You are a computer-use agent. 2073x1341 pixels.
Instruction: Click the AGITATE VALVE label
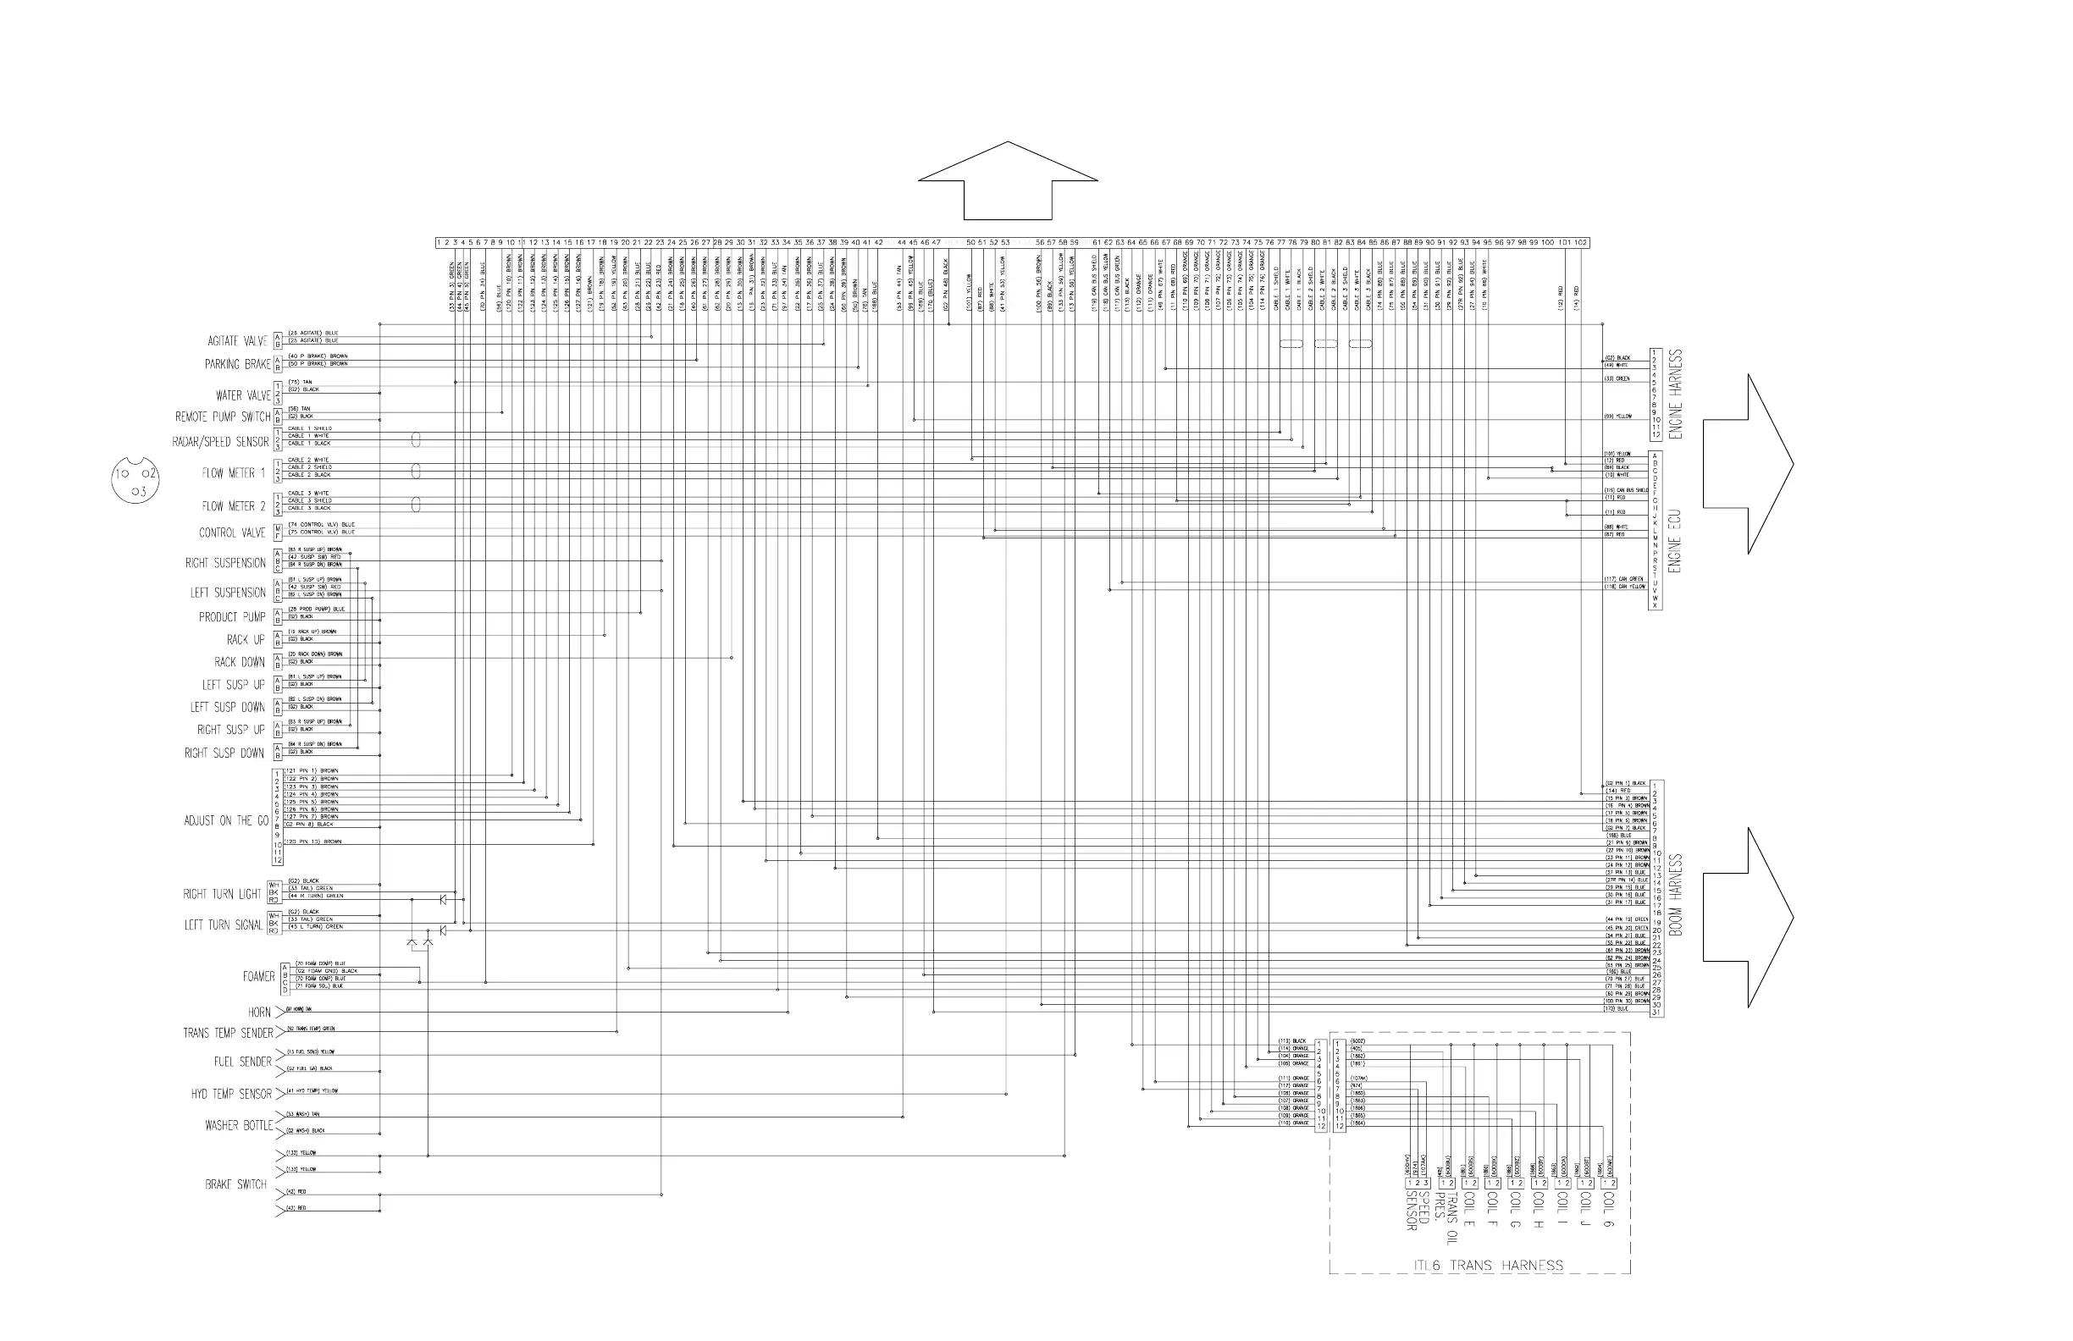click(x=237, y=341)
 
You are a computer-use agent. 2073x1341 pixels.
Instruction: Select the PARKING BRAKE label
click(x=237, y=364)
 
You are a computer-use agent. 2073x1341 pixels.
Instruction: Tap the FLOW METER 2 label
click(x=234, y=506)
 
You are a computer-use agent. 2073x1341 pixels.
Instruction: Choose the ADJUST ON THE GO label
click(x=225, y=820)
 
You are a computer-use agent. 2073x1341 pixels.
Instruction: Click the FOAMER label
click(x=258, y=977)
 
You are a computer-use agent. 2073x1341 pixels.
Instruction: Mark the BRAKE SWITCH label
click(x=235, y=1184)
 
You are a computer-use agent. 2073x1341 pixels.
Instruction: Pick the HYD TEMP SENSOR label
click(x=232, y=1094)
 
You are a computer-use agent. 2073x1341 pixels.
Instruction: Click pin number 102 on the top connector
click(x=1581, y=243)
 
